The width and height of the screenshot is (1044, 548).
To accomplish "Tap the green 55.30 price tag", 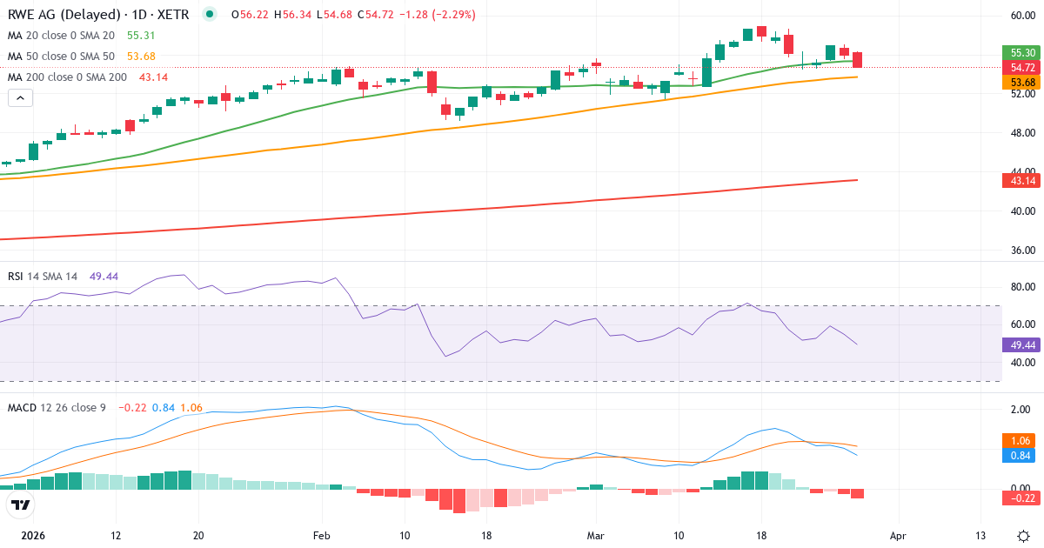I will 1022,52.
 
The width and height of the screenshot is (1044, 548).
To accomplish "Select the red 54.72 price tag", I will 1022,67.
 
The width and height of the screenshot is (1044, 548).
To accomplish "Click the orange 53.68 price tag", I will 1022,82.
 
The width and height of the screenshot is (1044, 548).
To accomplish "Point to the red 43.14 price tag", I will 1022,180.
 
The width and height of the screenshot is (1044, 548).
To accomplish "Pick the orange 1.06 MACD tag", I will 1022,440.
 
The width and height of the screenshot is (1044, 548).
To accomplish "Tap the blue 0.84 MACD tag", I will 1022,455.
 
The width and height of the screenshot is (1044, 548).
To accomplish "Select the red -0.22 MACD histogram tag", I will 1022,498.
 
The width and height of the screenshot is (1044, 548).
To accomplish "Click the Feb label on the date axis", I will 321,535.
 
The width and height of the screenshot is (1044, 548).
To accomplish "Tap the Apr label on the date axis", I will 898,535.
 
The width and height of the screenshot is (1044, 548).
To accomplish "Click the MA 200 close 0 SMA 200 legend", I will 68,77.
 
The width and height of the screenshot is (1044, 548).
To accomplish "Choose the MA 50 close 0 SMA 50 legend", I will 61,57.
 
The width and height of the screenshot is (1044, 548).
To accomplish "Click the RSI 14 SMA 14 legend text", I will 43,277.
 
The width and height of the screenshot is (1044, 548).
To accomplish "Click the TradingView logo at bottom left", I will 21,505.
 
